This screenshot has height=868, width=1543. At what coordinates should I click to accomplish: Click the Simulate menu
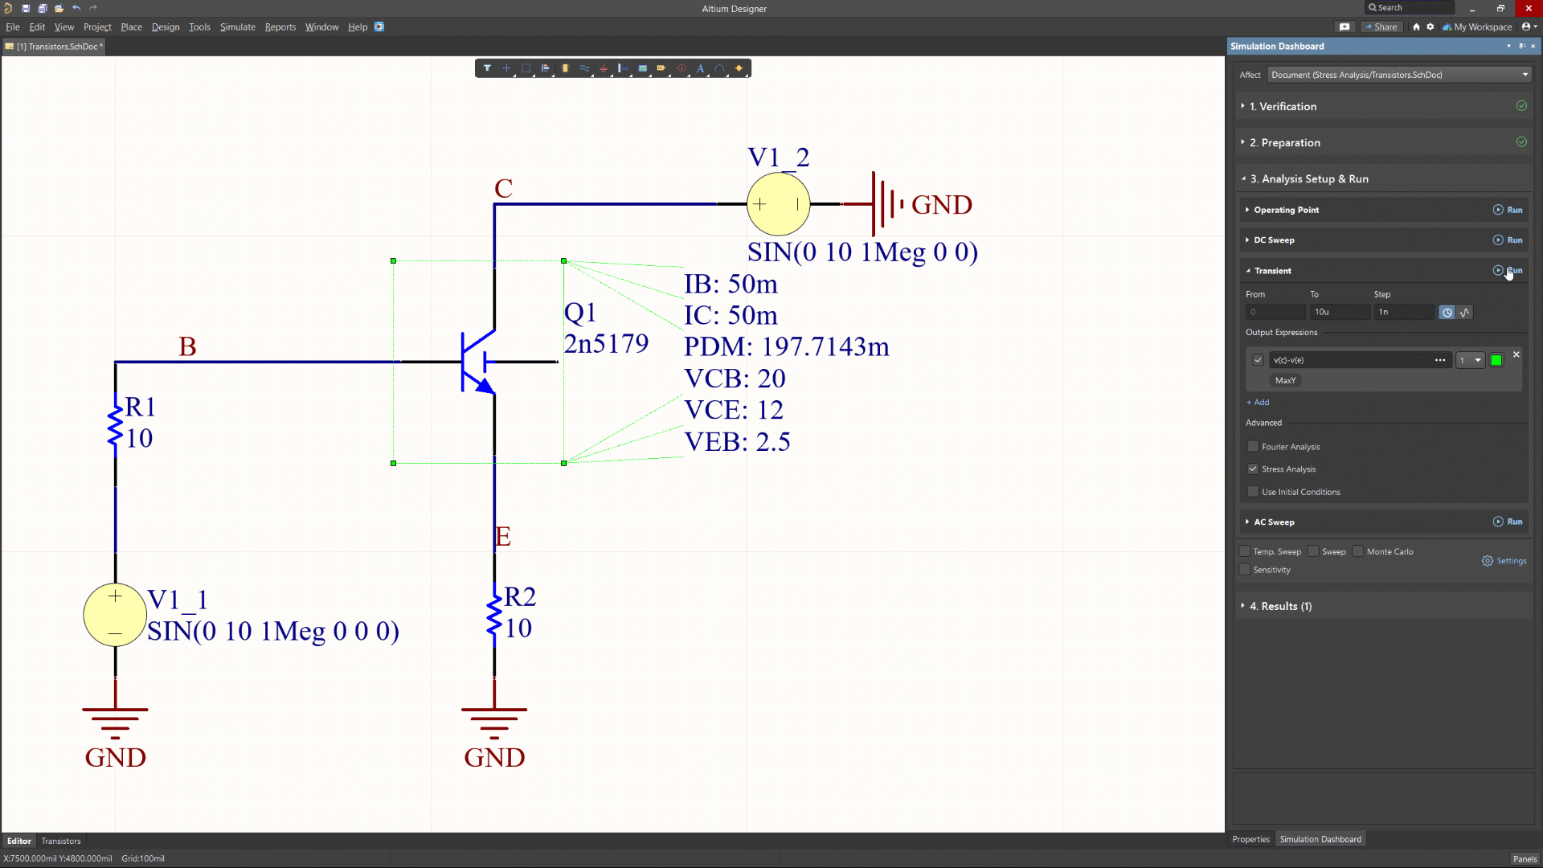pyautogui.click(x=237, y=27)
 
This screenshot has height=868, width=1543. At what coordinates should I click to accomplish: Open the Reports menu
pyautogui.click(x=280, y=27)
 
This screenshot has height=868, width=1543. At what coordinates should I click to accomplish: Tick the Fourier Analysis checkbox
pyautogui.click(x=1253, y=447)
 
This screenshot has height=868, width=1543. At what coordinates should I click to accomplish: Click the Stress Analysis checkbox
pyautogui.click(x=1253, y=469)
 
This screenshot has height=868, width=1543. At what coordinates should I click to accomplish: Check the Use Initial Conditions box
pyautogui.click(x=1253, y=492)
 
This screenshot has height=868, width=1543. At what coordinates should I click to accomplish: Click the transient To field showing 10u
pyautogui.click(x=1338, y=312)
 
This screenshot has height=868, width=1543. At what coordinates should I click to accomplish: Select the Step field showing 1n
pyautogui.click(x=1402, y=312)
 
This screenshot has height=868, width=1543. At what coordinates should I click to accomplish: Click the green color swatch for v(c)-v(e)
pyautogui.click(x=1496, y=360)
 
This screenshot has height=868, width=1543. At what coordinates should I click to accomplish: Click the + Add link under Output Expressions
pyautogui.click(x=1258, y=402)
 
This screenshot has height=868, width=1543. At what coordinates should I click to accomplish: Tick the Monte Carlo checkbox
pyautogui.click(x=1358, y=551)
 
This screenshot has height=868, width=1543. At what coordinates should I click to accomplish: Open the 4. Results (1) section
pyautogui.click(x=1280, y=606)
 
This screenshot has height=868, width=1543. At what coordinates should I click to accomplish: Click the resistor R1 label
pyautogui.click(x=140, y=407)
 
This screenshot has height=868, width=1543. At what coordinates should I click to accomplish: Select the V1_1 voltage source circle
pyautogui.click(x=115, y=615)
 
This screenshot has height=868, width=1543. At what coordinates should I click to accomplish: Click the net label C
pyautogui.click(x=503, y=189)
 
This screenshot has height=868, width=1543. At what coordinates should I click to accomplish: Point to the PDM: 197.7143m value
pyautogui.click(x=786, y=346)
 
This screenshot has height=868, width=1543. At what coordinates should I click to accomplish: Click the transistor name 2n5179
pyautogui.click(x=606, y=344)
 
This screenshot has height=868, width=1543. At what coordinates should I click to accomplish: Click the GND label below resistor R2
pyautogui.click(x=494, y=757)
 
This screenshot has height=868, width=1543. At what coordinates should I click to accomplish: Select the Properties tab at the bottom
pyautogui.click(x=1250, y=839)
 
